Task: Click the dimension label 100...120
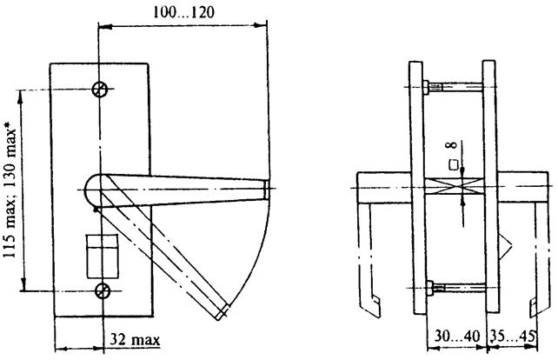(x=183, y=12)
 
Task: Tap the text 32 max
(x=135, y=339)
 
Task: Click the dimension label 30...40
(x=457, y=337)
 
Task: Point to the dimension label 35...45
(x=513, y=337)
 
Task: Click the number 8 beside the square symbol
(x=452, y=145)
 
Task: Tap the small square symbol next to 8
(x=453, y=165)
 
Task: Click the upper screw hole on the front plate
(x=99, y=89)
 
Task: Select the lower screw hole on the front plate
(x=103, y=291)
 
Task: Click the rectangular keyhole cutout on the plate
(x=103, y=256)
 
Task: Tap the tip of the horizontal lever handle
(x=268, y=189)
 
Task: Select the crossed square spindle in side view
(x=454, y=187)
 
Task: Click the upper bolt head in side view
(x=426, y=87)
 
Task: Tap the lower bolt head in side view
(x=429, y=288)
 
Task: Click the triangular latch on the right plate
(x=505, y=246)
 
